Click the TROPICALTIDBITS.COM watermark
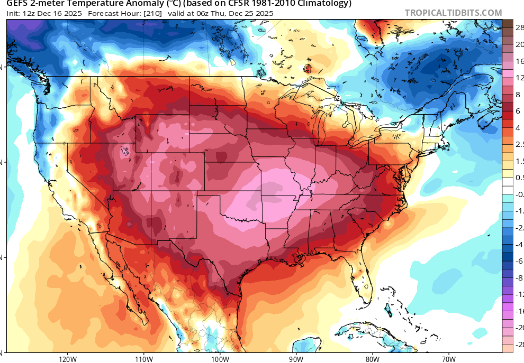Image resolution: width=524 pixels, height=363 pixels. (x=453, y=13)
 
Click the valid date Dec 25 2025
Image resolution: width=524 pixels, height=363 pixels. (x=251, y=13)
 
